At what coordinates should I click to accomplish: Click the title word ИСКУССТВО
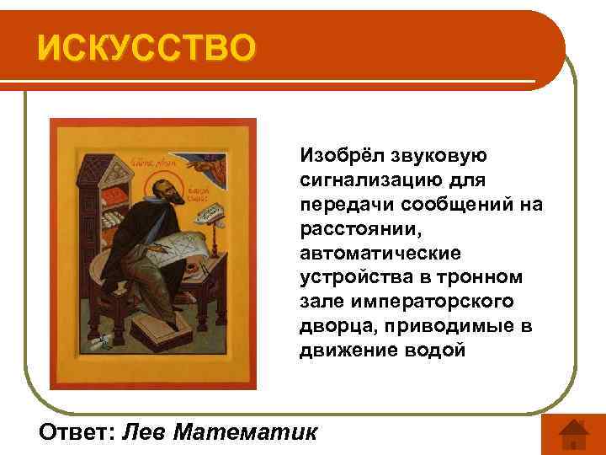point(144,47)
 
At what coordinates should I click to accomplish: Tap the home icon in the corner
point(573,434)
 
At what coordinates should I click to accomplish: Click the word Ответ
point(77,432)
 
